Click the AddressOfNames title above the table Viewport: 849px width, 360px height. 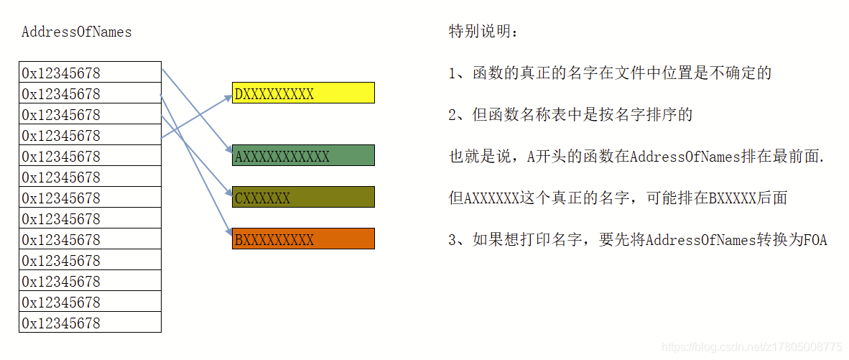point(76,32)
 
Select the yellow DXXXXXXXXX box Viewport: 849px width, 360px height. point(303,93)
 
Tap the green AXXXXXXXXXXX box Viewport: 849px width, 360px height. point(303,156)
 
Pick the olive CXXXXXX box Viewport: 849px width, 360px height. point(303,198)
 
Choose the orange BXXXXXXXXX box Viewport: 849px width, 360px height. point(303,239)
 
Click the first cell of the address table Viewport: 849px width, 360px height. point(90,73)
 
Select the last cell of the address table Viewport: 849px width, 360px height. point(90,323)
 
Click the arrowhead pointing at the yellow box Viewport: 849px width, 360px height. point(228,96)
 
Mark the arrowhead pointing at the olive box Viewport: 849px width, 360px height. point(228,194)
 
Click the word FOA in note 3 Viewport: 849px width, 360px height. point(815,240)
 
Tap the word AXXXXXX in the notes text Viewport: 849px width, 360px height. point(491,198)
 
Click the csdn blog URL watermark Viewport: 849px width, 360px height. point(751,348)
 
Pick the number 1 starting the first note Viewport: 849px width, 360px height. point(453,73)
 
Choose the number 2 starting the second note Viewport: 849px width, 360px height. point(453,115)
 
